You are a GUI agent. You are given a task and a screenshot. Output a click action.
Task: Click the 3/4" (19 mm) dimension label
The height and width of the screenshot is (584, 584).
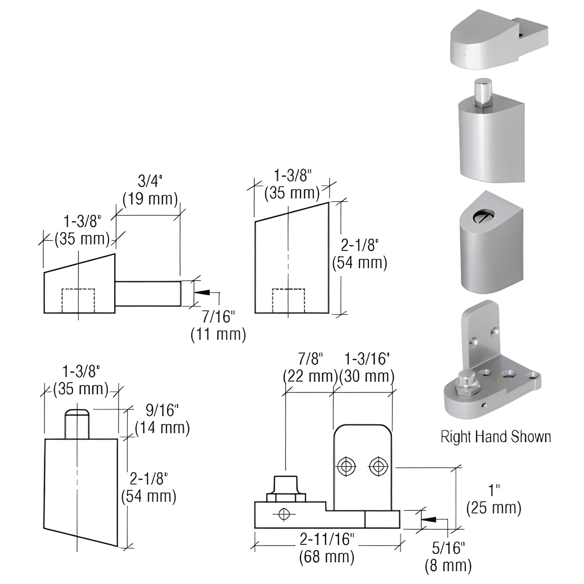click(150, 191)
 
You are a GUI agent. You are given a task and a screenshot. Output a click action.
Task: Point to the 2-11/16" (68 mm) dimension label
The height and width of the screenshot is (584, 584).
click(327, 547)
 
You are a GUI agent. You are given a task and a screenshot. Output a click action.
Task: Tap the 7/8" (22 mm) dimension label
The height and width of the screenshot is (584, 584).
click(310, 368)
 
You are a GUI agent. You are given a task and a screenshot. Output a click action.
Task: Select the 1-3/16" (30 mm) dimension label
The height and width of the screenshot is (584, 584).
click(367, 368)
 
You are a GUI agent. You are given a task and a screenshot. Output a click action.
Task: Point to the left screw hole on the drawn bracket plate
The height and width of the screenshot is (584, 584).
click(346, 467)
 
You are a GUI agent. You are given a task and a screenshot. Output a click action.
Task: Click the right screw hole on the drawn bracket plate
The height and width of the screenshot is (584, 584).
click(378, 467)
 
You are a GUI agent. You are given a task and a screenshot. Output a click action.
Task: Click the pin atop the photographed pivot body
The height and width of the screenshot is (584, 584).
click(483, 92)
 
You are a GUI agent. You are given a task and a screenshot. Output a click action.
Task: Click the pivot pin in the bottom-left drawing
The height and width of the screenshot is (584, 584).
click(77, 423)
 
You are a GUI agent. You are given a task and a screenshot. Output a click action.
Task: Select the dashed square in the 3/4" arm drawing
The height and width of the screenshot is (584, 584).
click(78, 300)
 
